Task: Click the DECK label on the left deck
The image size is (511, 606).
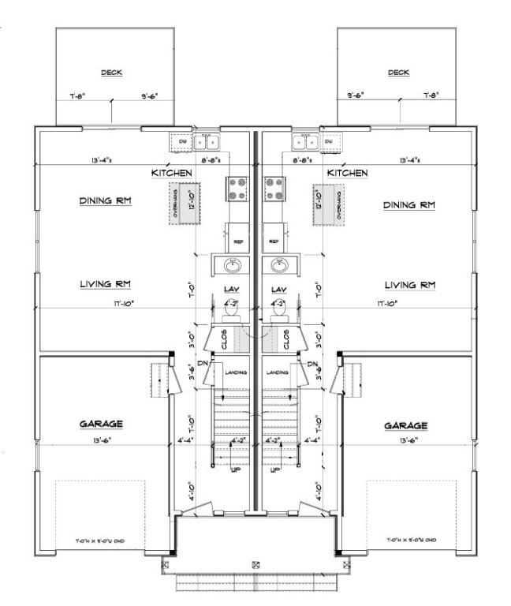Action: [111, 73]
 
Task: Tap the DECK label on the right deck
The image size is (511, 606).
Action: [399, 73]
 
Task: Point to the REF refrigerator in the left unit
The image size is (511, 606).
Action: [237, 241]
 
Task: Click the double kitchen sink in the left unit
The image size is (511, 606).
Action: [207, 143]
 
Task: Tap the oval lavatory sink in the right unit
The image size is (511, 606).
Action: [277, 264]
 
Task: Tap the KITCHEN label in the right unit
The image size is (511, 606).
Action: [348, 172]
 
